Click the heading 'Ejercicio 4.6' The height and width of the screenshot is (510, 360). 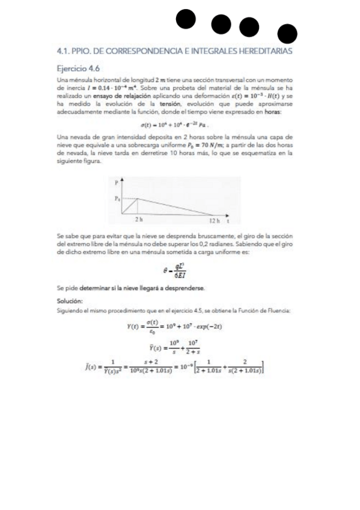tap(78, 68)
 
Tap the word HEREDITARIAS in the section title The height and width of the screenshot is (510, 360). tap(264, 52)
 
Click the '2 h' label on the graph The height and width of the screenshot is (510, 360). tap(138, 220)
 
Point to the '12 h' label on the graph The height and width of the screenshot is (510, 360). tap(214, 220)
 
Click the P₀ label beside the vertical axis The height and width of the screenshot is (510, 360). tap(117, 198)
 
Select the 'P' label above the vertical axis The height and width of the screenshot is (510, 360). tap(118, 183)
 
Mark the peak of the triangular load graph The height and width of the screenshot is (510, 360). tap(138, 198)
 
